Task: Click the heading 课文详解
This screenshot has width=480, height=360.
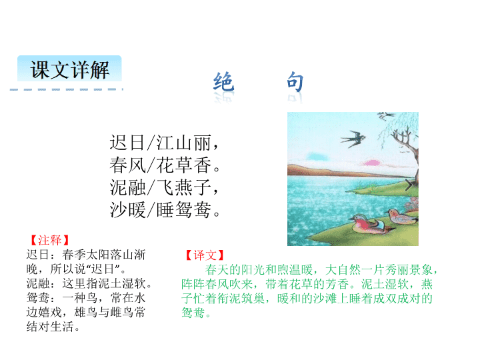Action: pos(70,70)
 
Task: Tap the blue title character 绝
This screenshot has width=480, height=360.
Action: pos(224,82)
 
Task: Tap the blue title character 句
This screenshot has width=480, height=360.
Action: pos(295,82)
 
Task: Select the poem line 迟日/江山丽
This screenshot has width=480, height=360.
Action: pos(164,143)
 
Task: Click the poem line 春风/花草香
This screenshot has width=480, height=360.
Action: pos(165,165)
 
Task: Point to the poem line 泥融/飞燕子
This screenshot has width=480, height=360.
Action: pos(164,187)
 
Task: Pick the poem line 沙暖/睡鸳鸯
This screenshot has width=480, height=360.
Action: pos(165,210)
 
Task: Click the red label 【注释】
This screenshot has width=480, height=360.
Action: pos(49,240)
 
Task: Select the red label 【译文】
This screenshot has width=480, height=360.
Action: pos(205,255)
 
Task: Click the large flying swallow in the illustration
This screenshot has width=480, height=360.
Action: pos(353,139)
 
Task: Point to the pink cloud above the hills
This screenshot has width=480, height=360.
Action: pos(371,163)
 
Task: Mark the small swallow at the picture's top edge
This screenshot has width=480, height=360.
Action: pos(386,116)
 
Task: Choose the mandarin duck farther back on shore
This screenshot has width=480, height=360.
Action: pos(401,216)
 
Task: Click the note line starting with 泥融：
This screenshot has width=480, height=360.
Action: pos(89,283)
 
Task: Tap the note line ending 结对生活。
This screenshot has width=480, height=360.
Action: pos(53,327)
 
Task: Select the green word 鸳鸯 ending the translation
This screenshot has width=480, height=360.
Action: pos(193,313)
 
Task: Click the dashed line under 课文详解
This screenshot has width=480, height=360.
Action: pos(67,89)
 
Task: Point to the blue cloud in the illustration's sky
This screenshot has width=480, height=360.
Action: pos(318,157)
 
